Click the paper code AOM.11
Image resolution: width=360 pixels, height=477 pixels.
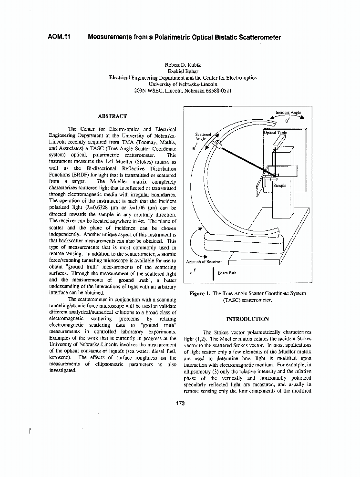tap(59, 37)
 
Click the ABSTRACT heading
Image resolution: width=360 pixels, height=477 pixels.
tap(113, 116)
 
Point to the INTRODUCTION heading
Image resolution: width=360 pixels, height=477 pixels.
tap(247, 319)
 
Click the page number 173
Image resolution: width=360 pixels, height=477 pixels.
tap(180, 404)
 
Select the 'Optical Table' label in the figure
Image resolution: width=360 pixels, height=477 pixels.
tap(275, 133)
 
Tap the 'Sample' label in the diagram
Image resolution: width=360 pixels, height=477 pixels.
tap(279, 186)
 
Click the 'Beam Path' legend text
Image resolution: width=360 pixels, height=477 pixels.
tap(227, 273)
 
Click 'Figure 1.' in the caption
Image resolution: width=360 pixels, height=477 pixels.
tap(200, 294)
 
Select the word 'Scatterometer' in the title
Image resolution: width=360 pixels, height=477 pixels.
tap(258, 37)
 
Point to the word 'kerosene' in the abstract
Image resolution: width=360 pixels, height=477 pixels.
tap(61, 357)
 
